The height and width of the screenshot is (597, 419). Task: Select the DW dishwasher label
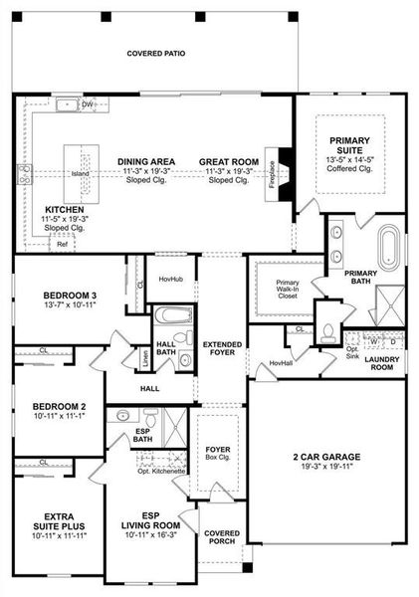click(x=88, y=103)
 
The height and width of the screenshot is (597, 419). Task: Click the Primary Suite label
click(x=348, y=141)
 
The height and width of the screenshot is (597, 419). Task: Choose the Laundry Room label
click(x=381, y=363)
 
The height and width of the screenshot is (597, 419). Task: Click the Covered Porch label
click(x=222, y=538)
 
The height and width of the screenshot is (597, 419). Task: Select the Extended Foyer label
click(x=222, y=349)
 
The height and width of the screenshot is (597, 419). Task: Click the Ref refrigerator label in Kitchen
click(x=62, y=243)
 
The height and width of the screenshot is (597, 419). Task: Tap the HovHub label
click(x=171, y=280)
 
